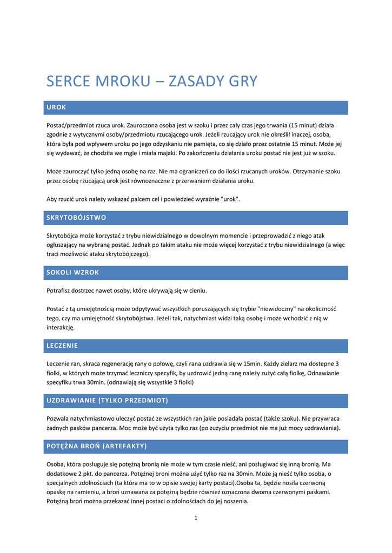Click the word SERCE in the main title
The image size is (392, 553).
point(69,82)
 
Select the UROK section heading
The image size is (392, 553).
point(56,107)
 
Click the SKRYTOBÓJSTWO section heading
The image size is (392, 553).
point(76,218)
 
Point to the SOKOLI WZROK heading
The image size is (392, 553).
point(72,272)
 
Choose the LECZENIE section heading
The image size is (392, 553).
point(62,346)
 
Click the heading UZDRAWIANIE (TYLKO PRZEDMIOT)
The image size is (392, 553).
point(107,400)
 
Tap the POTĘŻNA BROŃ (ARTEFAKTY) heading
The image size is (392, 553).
point(97,446)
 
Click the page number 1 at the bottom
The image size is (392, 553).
point(196,518)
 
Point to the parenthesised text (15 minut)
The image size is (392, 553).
point(304,125)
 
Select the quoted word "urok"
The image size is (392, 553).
point(230,199)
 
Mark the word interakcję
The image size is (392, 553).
point(61,327)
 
